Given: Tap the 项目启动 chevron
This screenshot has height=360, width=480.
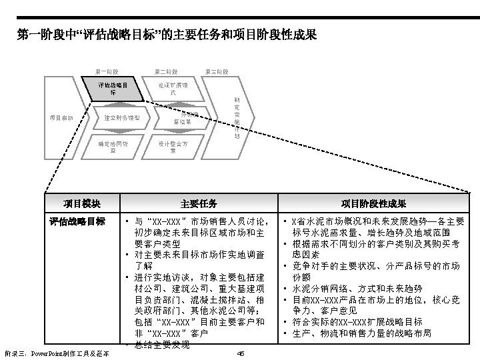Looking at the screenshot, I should pyautogui.click(x=61, y=118).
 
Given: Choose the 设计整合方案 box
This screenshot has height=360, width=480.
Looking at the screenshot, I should pyautogui.click(x=172, y=147).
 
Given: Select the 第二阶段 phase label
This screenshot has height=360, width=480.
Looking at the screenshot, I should pyautogui.click(x=165, y=71).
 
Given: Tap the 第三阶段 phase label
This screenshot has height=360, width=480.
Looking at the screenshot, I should pyautogui.click(x=217, y=71).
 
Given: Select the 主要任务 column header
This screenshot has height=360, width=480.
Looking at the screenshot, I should pyautogui.click(x=198, y=203).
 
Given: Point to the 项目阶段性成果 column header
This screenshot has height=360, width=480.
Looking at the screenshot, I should pyautogui.click(x=373, y=203).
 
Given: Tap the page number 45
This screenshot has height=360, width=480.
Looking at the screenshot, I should pyautogui.click(x=240, y=353).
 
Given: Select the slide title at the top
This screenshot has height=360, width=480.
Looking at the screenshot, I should pyautogui.click(x=166, y=33).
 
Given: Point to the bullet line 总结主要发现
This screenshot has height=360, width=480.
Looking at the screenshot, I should pyautogui.click(x=163, y=344).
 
